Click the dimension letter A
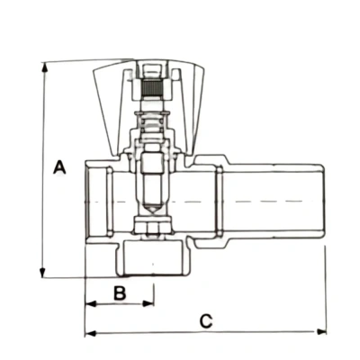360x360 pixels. tap(59, 167)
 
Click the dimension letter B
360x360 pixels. tap(120, 292)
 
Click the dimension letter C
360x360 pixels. tap(206, 321)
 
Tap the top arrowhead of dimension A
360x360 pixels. tap(45, 67)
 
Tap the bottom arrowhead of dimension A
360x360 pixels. tap(42, 273)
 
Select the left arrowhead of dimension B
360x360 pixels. tap(91, 303)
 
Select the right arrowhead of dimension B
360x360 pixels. tap(148, 303)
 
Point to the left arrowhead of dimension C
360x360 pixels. tap(91, 333)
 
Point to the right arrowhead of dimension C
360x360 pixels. tap(321, 332)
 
